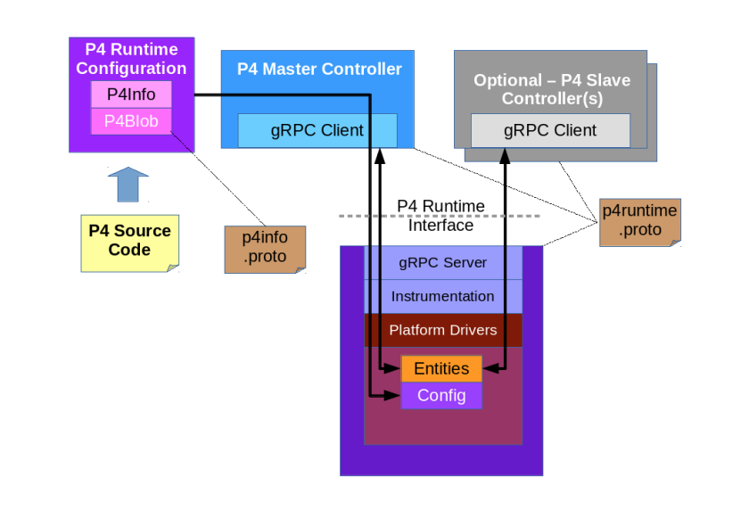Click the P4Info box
(x=131, y=94)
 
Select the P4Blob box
(x=131, y=121)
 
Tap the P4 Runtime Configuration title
(x=131, y=59)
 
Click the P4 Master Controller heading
(x=319, y=69)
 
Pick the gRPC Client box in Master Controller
(x=317, y=131)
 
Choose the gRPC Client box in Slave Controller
(x=550, y=130)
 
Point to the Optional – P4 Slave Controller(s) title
(x=551, y=89)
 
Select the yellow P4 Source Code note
(x=129, y=241)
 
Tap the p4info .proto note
(x=265, y=249)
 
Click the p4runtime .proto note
(x=639, y=221)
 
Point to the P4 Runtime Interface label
(x=440, y=216)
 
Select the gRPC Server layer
(x=443, y=263)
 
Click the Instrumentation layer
(x=443, y=296)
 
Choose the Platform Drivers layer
(x=443, y=330)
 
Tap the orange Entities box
(x=441, y=368)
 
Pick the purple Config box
(x=441, y=395)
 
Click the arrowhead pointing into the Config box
(x=395, y=395)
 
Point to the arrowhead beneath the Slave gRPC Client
(x=505, y=154)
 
